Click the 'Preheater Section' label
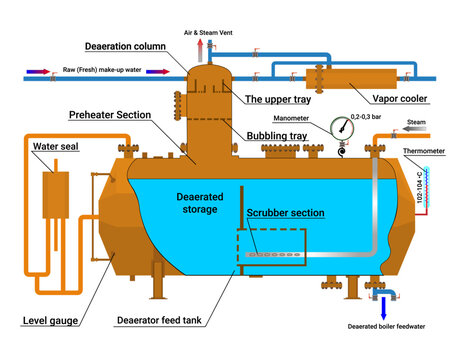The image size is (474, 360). coord(109,115)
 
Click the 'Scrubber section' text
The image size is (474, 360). coord(284,213)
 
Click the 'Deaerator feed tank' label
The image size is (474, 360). coord(164,321)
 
